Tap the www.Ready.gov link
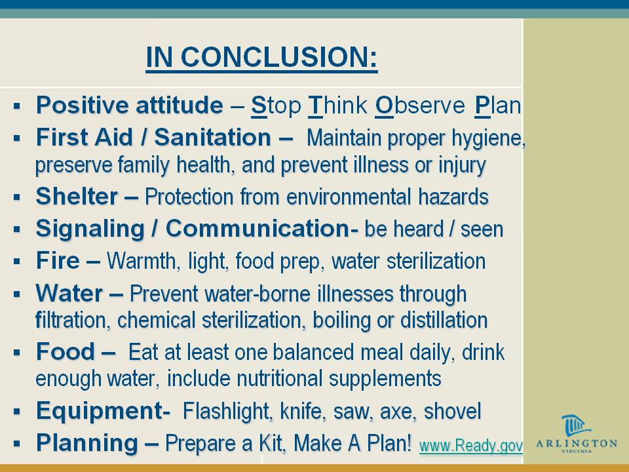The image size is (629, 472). (471, 446)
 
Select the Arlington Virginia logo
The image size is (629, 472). (577, 433)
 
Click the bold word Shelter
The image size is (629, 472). (77, 196)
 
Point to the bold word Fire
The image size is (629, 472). (58, 260)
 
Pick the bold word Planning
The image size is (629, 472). (87, 442)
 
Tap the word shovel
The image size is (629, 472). (453, 411)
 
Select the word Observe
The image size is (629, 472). (420, 105)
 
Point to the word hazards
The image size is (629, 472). (453, 197)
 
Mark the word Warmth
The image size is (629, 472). (142, 261)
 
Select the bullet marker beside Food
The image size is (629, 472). (16, 353)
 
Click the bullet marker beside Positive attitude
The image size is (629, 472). (16, 106)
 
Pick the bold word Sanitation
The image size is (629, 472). (212, 137)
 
